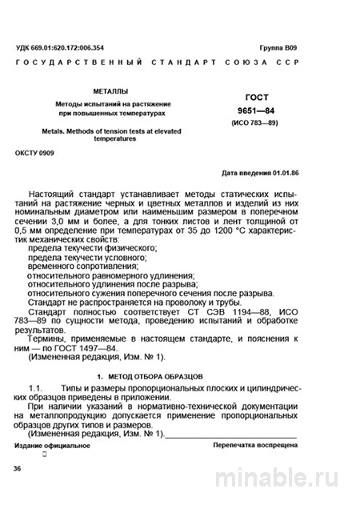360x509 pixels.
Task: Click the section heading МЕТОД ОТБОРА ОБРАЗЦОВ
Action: click(156, 375)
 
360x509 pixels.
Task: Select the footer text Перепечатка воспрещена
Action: click(262, 445)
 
